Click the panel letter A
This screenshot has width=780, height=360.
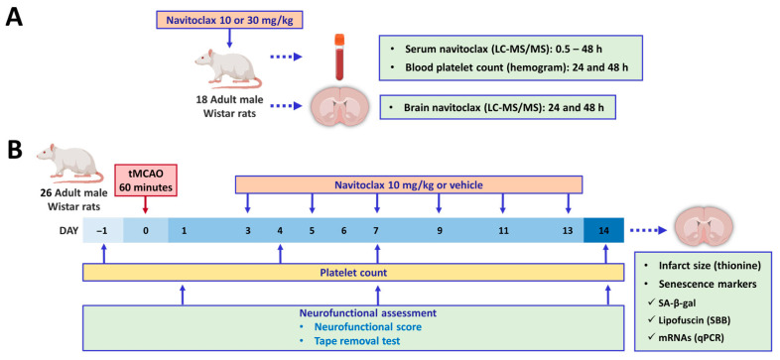[x=15, y=19]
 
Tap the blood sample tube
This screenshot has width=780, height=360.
[x=339, y=57]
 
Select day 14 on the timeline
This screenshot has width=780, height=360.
[x=604, y=231]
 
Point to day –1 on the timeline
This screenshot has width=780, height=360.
[x=103, y=231]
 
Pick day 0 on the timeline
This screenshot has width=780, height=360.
[x=146, y=231]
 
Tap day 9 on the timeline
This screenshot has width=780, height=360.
[x=440, y=231]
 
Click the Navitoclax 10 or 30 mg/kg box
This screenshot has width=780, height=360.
[x=228, y=21]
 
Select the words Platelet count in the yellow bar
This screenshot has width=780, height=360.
[x=353, y=273]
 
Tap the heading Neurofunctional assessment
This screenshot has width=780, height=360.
[x=367, y=313]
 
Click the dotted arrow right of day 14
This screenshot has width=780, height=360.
[x=648, y=231]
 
